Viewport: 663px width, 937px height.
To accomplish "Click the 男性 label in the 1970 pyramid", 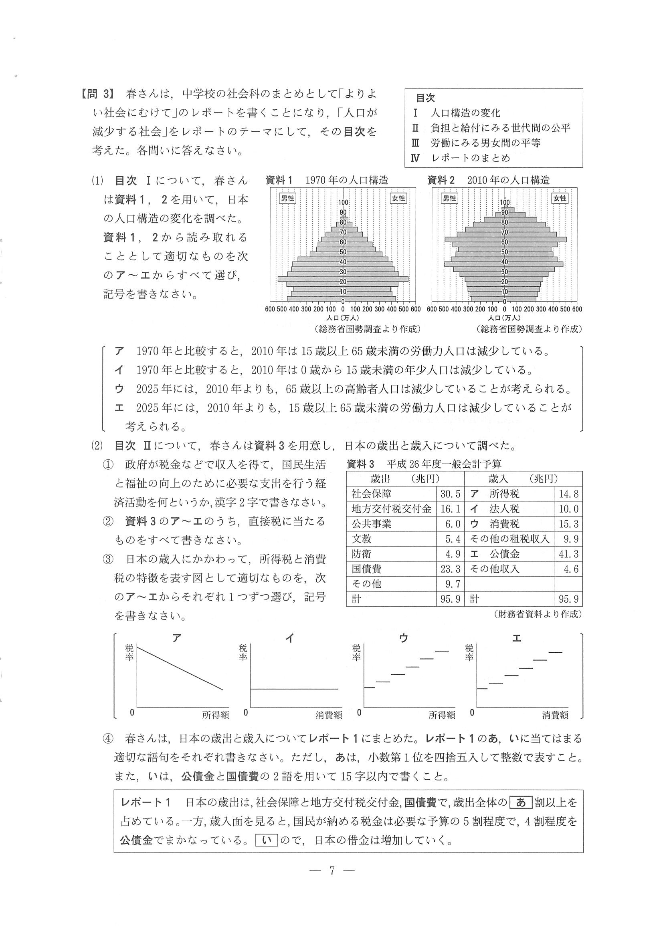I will [287, 198].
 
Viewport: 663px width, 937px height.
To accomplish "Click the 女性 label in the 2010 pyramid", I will [560, 198].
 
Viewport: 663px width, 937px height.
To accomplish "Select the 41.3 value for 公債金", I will [569, 554].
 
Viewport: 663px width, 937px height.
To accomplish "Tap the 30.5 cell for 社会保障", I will [450, 494].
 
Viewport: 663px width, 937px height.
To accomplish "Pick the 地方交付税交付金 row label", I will [391, 509].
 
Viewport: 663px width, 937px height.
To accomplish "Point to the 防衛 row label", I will [362, 554].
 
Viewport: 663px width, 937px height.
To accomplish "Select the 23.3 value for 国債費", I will [450, 569].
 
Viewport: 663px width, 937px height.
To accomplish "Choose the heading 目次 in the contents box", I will [425, 98].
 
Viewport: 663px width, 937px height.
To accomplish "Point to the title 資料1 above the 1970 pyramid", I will [279, 180].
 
